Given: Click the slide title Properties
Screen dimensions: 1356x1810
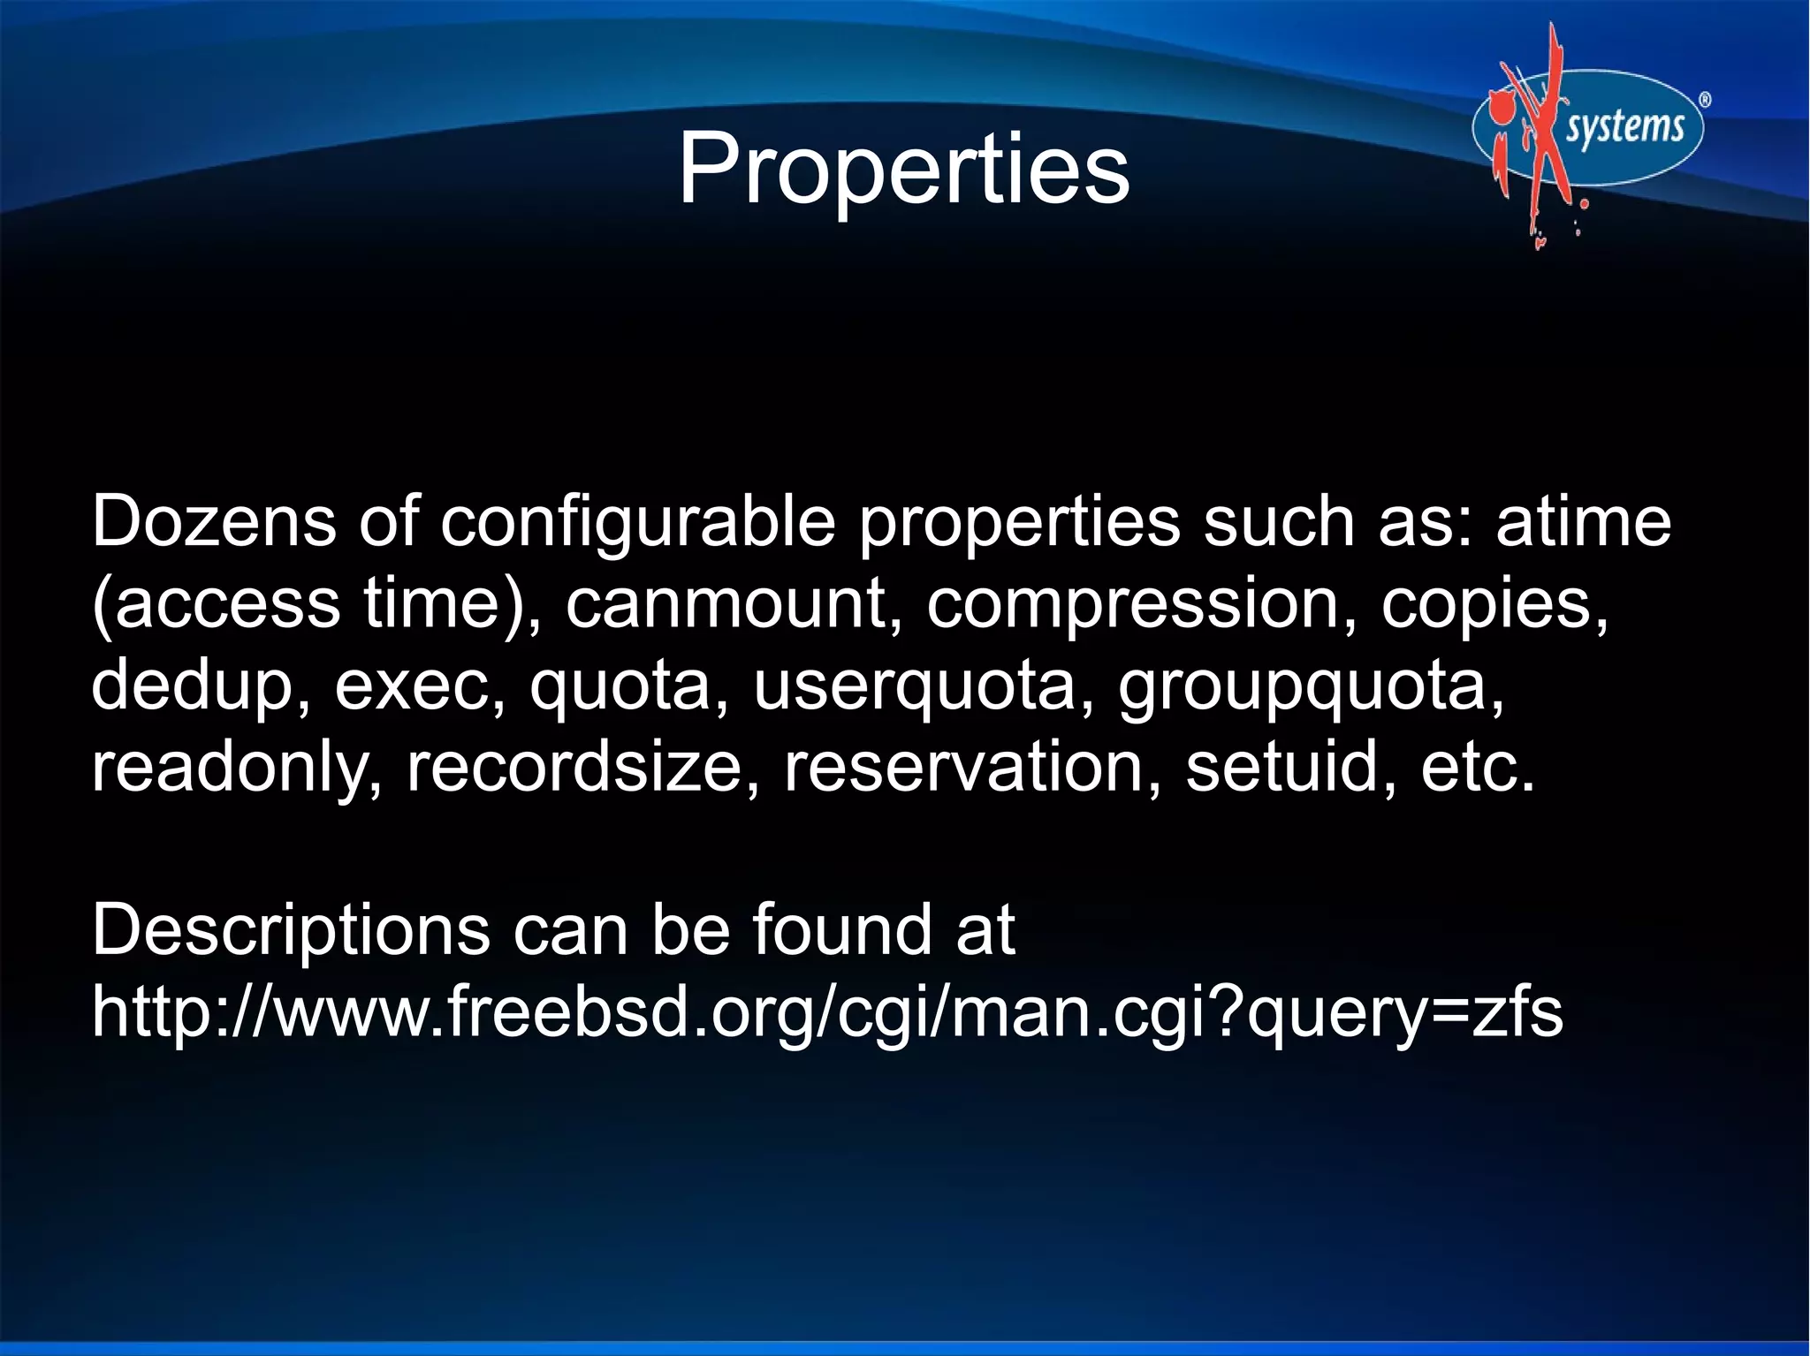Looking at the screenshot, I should pyautogui.click(x=903, y=169).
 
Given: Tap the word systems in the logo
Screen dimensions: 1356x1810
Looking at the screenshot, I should pyautogui.click(x=1625, y=127).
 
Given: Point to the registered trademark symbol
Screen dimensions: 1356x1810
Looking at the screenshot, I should pyautogui.click(x=1705, y=100).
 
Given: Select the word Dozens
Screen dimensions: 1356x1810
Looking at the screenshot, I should pyautogui.click(x=214, y=521).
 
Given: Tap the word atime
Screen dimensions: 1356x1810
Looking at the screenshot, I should pyautogui.click(x=1583, y=521).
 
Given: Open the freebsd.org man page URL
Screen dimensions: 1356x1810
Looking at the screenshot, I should pyautogui.click(x=827, y=1012).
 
